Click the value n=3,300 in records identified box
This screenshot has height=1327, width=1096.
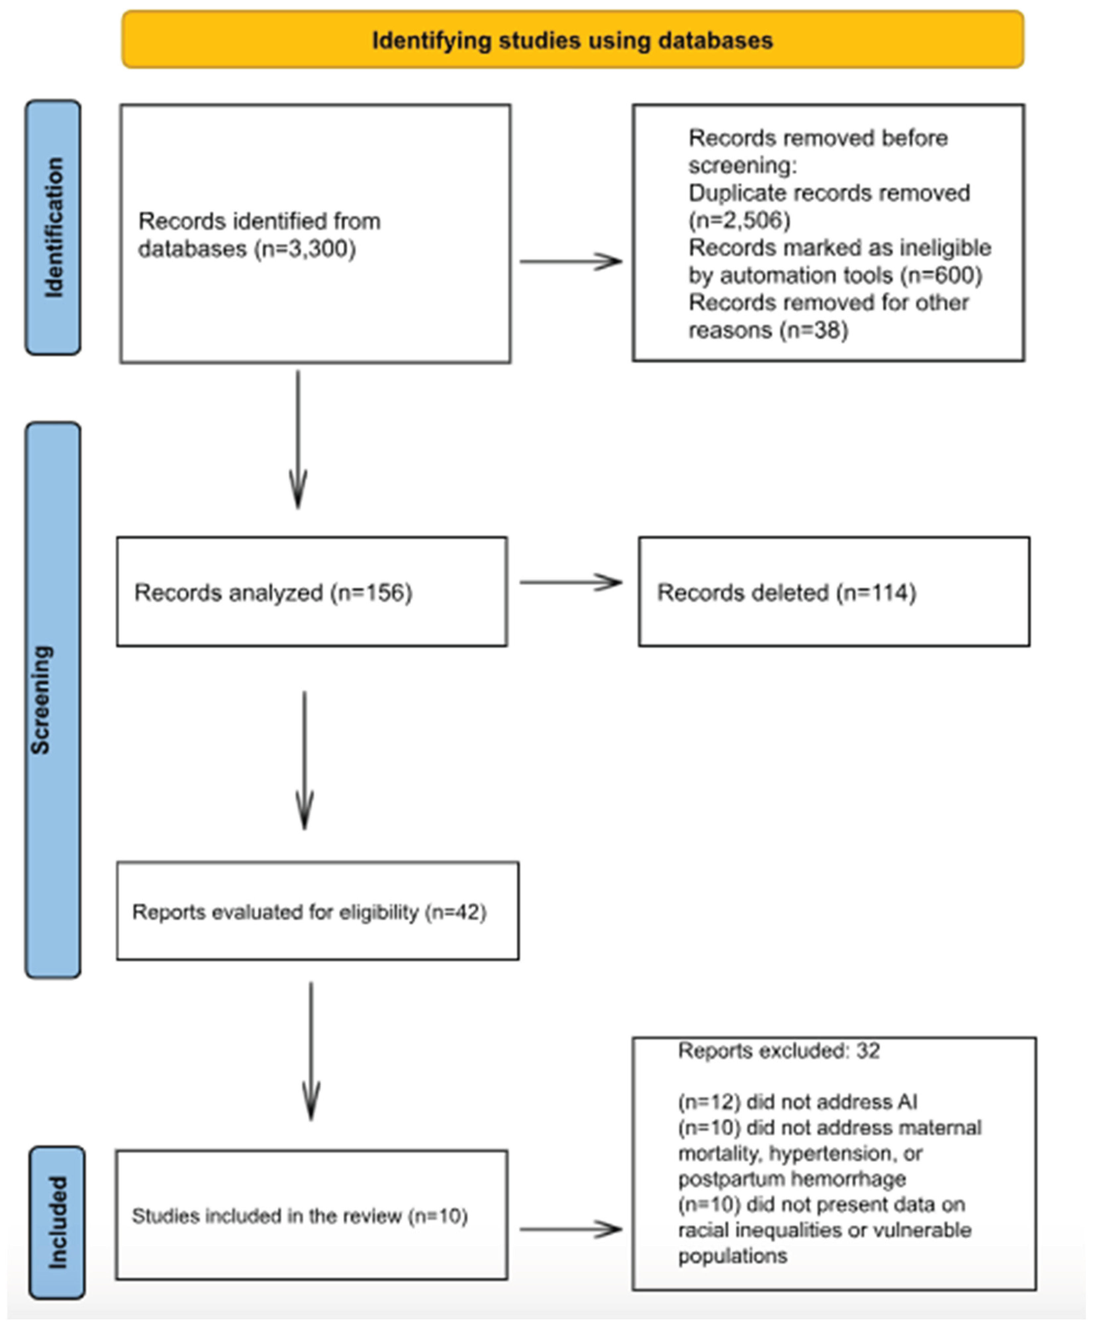(305, 249)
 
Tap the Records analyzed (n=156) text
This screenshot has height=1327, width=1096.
(273, 593)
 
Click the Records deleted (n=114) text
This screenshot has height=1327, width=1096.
(786, 593)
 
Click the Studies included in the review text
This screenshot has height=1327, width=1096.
(299, 1216)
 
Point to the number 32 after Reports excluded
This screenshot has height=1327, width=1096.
(868, 1051)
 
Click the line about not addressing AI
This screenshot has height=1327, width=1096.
(797, 1102)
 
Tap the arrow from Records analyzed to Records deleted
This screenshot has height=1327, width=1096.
(570, 582)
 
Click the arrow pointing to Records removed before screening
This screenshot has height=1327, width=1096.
(570, 261)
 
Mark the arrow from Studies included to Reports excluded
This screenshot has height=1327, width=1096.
(570, 1228)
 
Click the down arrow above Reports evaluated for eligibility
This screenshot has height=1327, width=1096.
(304, 761)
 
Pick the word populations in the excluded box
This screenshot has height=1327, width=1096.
(732, 1256)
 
